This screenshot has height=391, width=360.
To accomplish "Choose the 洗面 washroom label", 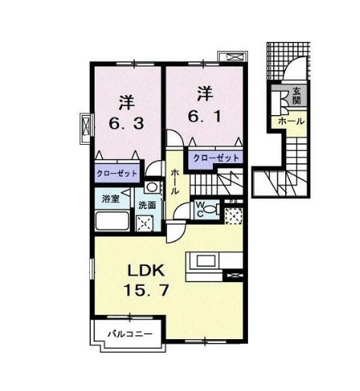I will click(146, 205).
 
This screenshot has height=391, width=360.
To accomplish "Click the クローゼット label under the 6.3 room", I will click(117, 174).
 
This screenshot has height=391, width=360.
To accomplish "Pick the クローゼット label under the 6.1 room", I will click(216, 158).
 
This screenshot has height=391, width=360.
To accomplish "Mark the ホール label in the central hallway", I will click(175, 183).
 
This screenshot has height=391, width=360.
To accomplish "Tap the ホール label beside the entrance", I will click(291, 121).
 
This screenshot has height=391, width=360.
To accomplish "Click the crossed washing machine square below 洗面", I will click(144, 223).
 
